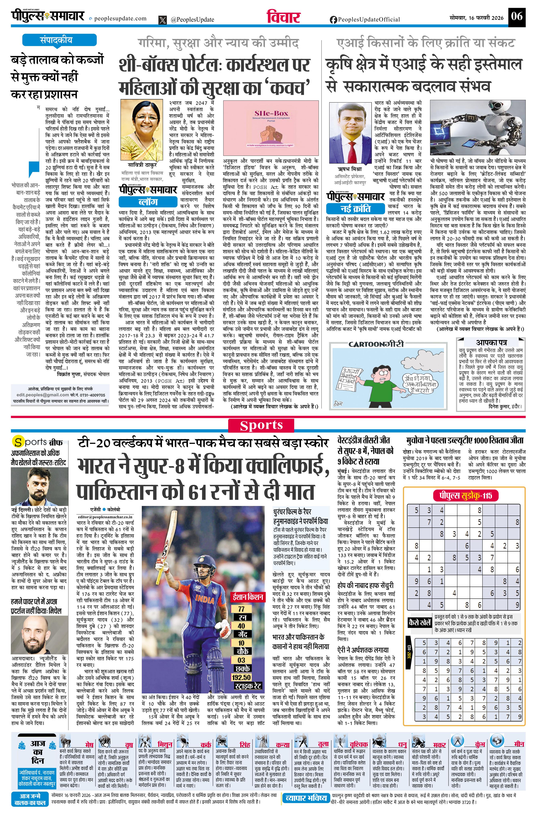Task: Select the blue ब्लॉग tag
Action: click(x=148, y=202)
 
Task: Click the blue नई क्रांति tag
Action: click(x=355, y=209)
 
